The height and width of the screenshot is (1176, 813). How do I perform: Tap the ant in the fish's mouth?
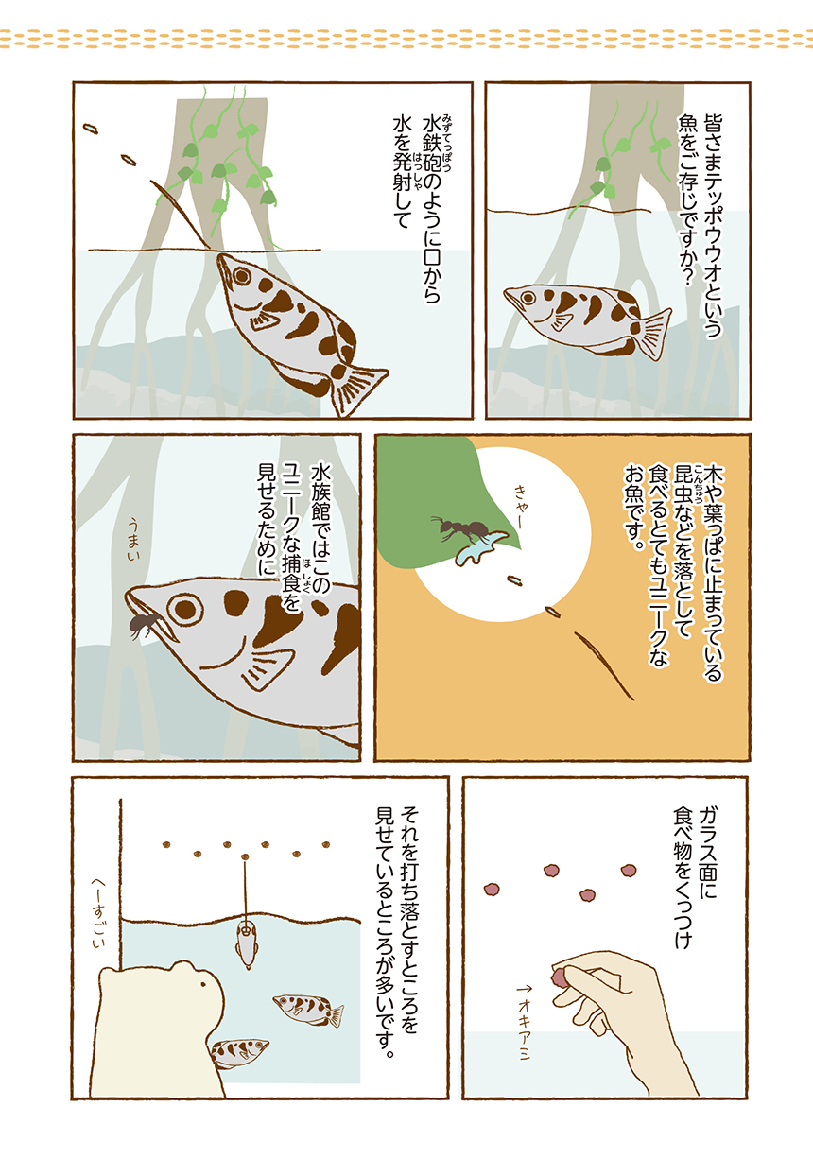coord(144,624)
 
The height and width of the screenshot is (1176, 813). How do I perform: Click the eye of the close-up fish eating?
coord(184,610)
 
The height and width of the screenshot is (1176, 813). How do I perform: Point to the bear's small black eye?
coord(202,984)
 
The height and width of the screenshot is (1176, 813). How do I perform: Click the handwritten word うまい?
coord(134,539)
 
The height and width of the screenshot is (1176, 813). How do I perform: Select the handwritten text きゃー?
coord(521,507)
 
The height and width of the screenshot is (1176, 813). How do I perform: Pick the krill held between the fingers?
coord(559,977)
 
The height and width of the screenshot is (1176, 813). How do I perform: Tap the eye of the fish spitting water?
coord(242,276)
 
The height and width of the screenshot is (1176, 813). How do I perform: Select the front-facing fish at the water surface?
coord(246,944)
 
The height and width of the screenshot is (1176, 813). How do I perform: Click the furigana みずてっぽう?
coord(447,142)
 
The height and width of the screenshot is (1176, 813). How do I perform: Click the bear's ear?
coord(182,964)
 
